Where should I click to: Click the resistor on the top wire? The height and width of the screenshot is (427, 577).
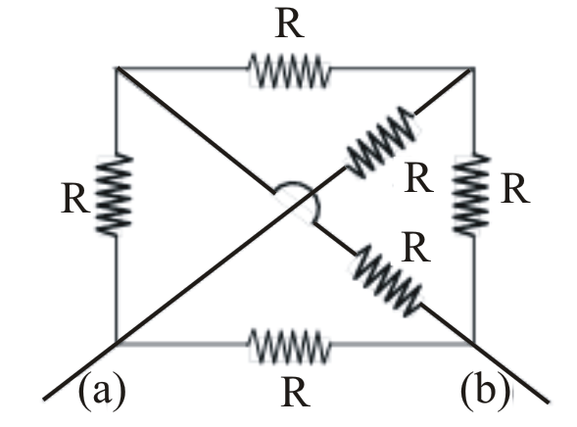289,71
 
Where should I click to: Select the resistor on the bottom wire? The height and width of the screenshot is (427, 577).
289,346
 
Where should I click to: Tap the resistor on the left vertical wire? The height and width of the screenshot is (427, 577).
115,194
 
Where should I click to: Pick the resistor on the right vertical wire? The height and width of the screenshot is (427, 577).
472,194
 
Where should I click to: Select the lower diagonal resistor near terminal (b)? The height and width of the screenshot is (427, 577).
387,281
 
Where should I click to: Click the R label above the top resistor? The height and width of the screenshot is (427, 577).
290,25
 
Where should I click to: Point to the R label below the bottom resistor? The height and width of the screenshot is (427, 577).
296,393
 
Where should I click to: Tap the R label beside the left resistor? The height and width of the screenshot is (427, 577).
75,199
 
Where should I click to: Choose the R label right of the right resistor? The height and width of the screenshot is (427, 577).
515,189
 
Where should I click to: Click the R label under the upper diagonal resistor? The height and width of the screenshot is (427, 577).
418,179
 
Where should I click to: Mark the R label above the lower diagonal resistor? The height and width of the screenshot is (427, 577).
415,248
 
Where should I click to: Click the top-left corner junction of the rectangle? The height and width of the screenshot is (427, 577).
117,68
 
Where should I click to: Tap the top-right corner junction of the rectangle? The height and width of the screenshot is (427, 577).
473,69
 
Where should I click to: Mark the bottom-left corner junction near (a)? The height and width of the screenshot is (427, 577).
117,343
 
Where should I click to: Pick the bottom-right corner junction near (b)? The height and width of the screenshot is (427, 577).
473,344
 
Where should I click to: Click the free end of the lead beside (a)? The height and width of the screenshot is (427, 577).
44,399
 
